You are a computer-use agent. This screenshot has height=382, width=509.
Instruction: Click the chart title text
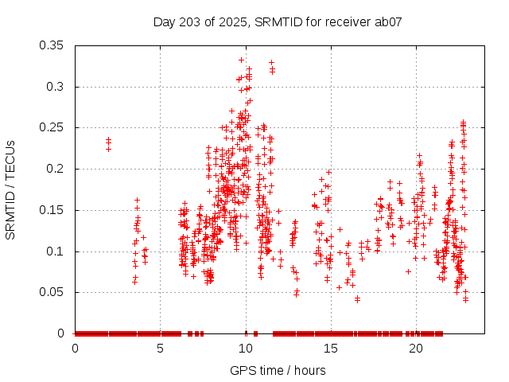pos(278,21)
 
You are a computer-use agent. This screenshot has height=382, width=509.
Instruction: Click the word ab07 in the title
pos(388,21)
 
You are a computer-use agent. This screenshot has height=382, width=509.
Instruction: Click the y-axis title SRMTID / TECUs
pos(10,189)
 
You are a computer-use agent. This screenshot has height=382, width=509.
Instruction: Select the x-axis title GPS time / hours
pos(278,370)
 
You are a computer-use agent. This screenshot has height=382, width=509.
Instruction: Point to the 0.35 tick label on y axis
pos(54,45)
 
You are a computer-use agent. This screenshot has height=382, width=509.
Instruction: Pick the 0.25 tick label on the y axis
pos(54,127)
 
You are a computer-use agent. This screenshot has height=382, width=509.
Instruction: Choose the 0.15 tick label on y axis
pos(54,210)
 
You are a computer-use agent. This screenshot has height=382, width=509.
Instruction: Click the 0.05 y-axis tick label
pos(54,292)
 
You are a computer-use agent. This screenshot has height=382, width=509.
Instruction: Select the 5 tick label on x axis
pos(160,349)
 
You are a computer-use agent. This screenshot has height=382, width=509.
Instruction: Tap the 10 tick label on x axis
pos(245,349)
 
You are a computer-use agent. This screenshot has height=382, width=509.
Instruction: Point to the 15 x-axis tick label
pos(330,349)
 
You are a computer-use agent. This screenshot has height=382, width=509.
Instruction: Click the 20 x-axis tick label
pos(415,349)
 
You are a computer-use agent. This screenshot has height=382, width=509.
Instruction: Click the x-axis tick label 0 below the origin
pos(75,349)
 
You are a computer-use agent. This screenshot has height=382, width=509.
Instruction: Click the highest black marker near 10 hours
pos(241,60)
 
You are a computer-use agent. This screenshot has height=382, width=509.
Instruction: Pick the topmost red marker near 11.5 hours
pos(271,62)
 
